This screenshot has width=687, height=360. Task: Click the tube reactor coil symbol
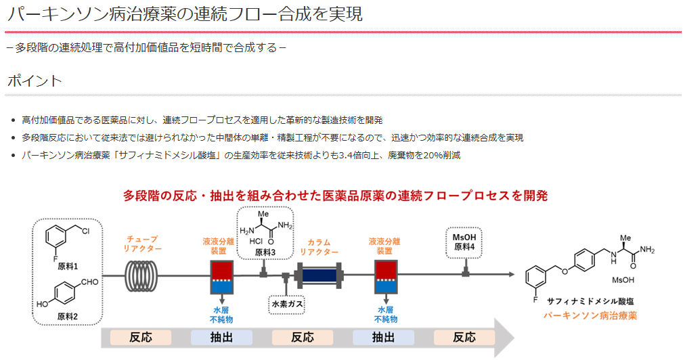coord(143,274)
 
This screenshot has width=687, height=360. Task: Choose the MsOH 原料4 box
coord(464,242)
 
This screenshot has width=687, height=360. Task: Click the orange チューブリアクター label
coord(143,244)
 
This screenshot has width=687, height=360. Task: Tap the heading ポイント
coord(35,81)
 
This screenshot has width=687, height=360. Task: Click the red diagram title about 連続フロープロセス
coord(335,196)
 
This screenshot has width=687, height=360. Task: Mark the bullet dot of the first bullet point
coord(14,120)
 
